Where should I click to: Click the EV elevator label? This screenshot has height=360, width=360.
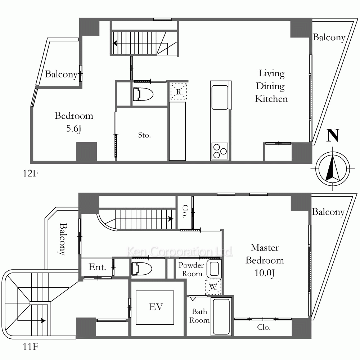pyautogui.click(x=156, y=307)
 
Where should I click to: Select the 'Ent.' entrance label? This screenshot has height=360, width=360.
pyautogui.click(x=97, y=267)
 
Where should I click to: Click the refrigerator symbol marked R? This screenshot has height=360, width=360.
pyautogui.click(x=179, y=91)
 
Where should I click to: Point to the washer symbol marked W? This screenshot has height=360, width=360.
pyautogui.click(x=213, y=287)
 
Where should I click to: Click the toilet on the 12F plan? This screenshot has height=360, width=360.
pyautogui.click(x=143, y=94)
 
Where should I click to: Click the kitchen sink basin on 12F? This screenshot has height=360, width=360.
pyautogui.click(x=220, y=97)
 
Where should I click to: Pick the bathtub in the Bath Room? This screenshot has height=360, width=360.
pyautogui.click(x=221, y=316)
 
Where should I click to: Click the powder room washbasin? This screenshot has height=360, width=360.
pyautogui.click(x=214, y=269)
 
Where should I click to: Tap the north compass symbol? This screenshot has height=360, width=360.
pyautogui.click(x=333, y=169)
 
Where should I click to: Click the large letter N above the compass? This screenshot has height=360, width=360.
pyautogui.click(x=333, y=136)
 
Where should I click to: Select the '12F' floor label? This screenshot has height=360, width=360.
pyautogui.click(x=30, y=174)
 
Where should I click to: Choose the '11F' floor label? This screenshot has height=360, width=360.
pyautogui.click(x=30, y=347)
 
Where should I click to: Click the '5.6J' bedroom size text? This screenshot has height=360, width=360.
pyautogui.click(x=74, y=129)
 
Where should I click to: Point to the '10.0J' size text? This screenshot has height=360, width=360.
pyautogui.click(x=265, y=273)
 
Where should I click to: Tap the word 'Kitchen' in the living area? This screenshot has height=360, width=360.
pyautogui.click(x=271, y=99)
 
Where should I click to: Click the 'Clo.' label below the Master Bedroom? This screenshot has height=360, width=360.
pyautogui.click(x=264, y=327)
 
